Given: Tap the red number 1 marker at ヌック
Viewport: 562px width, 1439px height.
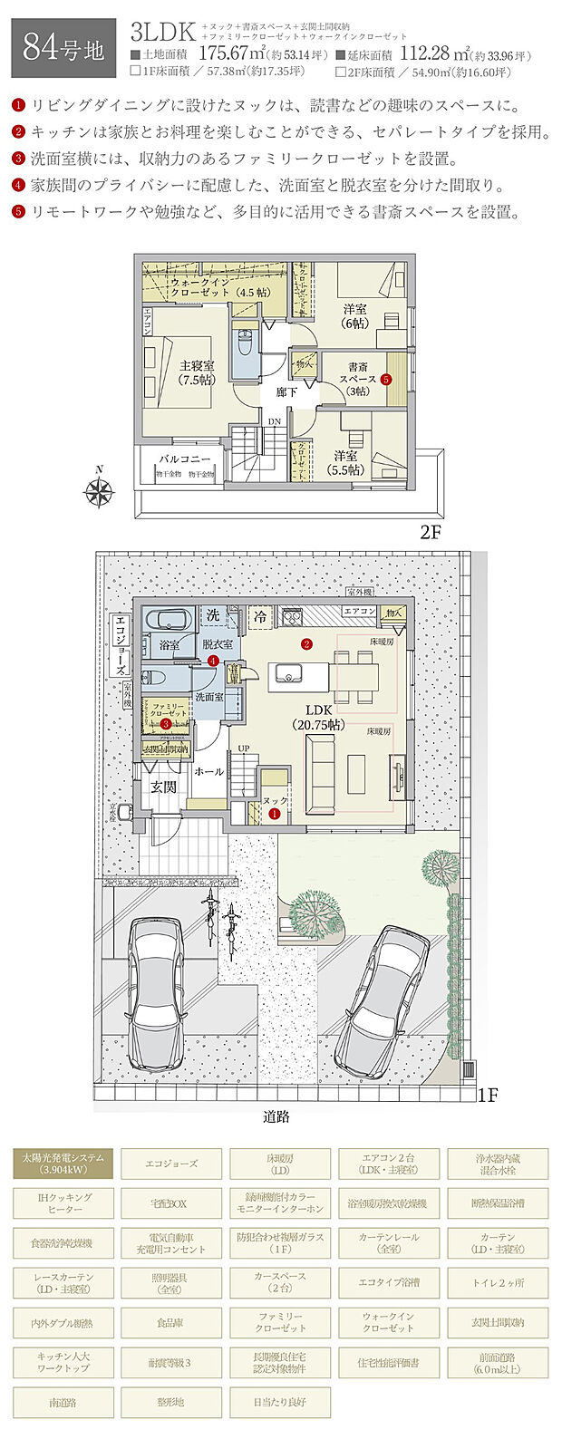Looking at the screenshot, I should click(274, 815).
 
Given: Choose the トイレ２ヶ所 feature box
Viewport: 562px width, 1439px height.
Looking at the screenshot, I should click(498, 1282).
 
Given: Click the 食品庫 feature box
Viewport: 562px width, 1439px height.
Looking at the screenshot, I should click(171, 1323).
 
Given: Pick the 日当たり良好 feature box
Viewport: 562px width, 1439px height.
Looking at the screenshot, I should click(280, 1402).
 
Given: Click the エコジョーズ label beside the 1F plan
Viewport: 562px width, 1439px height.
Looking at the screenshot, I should click(120, 646).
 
